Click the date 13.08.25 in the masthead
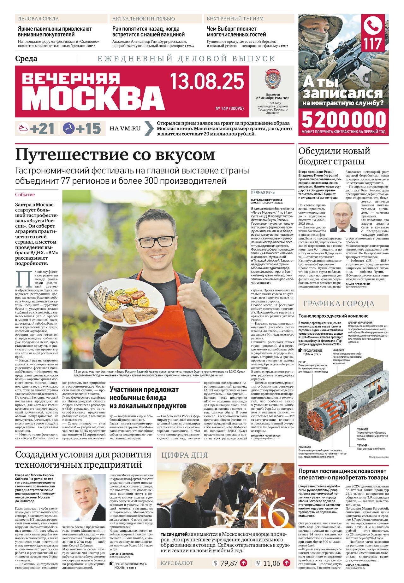pos(207,81)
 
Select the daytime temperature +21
pos(42,128)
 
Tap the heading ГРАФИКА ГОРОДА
pos(339,304)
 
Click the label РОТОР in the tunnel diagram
pos(302,362)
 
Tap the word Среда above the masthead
pos(26,59)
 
